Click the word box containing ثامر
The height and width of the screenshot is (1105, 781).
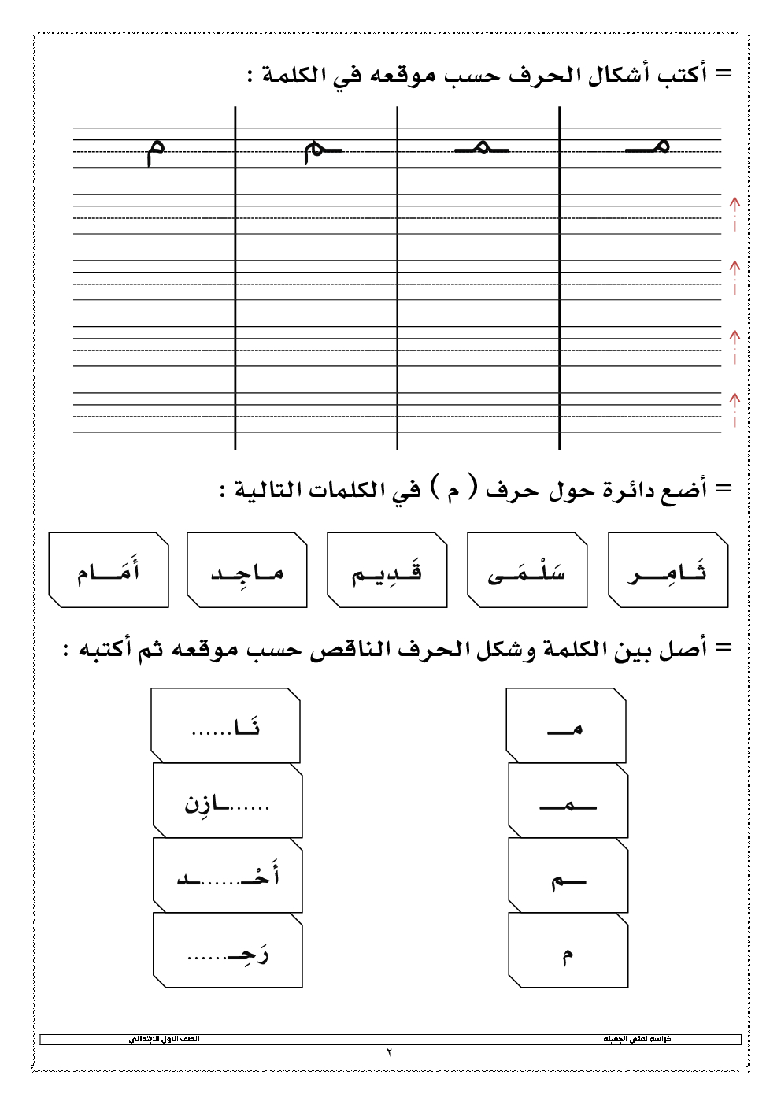pos(668,570)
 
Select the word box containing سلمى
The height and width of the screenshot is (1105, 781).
pos(527,570)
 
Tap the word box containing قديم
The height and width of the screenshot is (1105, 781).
pos(387,570)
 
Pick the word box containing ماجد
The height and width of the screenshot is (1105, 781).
pos(246,570)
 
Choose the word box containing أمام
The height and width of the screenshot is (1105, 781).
pos(109,570)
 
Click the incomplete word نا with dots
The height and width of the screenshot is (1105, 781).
pos(226,725)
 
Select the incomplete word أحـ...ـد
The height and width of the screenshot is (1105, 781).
pos(228,876)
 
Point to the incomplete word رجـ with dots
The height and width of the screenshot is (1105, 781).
pos(228,951)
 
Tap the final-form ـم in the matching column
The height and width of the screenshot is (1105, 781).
pos(568,880)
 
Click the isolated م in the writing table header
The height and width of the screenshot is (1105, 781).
pos(156,149)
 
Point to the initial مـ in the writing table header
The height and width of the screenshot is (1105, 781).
pos(647,146)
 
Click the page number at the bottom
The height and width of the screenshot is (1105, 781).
pos(389,1052)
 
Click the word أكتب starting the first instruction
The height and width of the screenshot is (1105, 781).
pos(681,74)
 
